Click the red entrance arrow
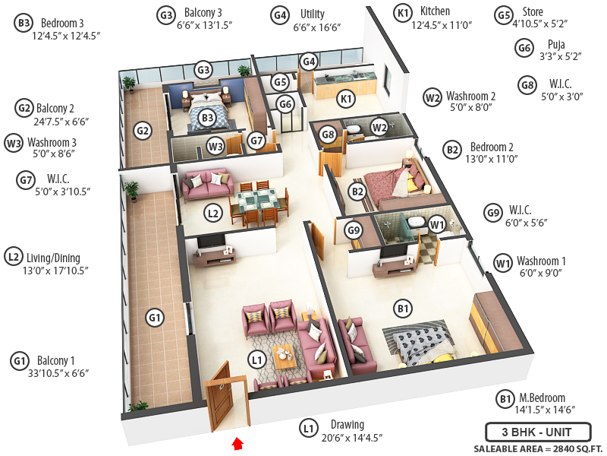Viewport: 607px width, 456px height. point(237,443)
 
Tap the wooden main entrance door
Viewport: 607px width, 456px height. point(219,396)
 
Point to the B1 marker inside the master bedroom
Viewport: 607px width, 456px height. point(403,309)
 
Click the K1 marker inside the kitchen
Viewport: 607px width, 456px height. point(347,99)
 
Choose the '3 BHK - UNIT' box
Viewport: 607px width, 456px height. point(539,432)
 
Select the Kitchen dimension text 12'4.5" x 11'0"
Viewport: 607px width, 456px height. point(442,25)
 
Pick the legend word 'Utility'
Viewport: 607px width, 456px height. point(313,14)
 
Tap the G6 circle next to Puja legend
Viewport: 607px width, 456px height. point(524,49)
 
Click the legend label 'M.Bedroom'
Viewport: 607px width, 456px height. point(542,397)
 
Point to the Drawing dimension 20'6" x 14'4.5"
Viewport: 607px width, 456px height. point(351,438)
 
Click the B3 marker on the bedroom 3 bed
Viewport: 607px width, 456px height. point(207,118)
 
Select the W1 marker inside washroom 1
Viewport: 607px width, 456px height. point(436,224)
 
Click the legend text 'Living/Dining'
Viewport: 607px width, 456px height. point(53,258)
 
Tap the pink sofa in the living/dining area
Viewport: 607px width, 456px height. point(208,182)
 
